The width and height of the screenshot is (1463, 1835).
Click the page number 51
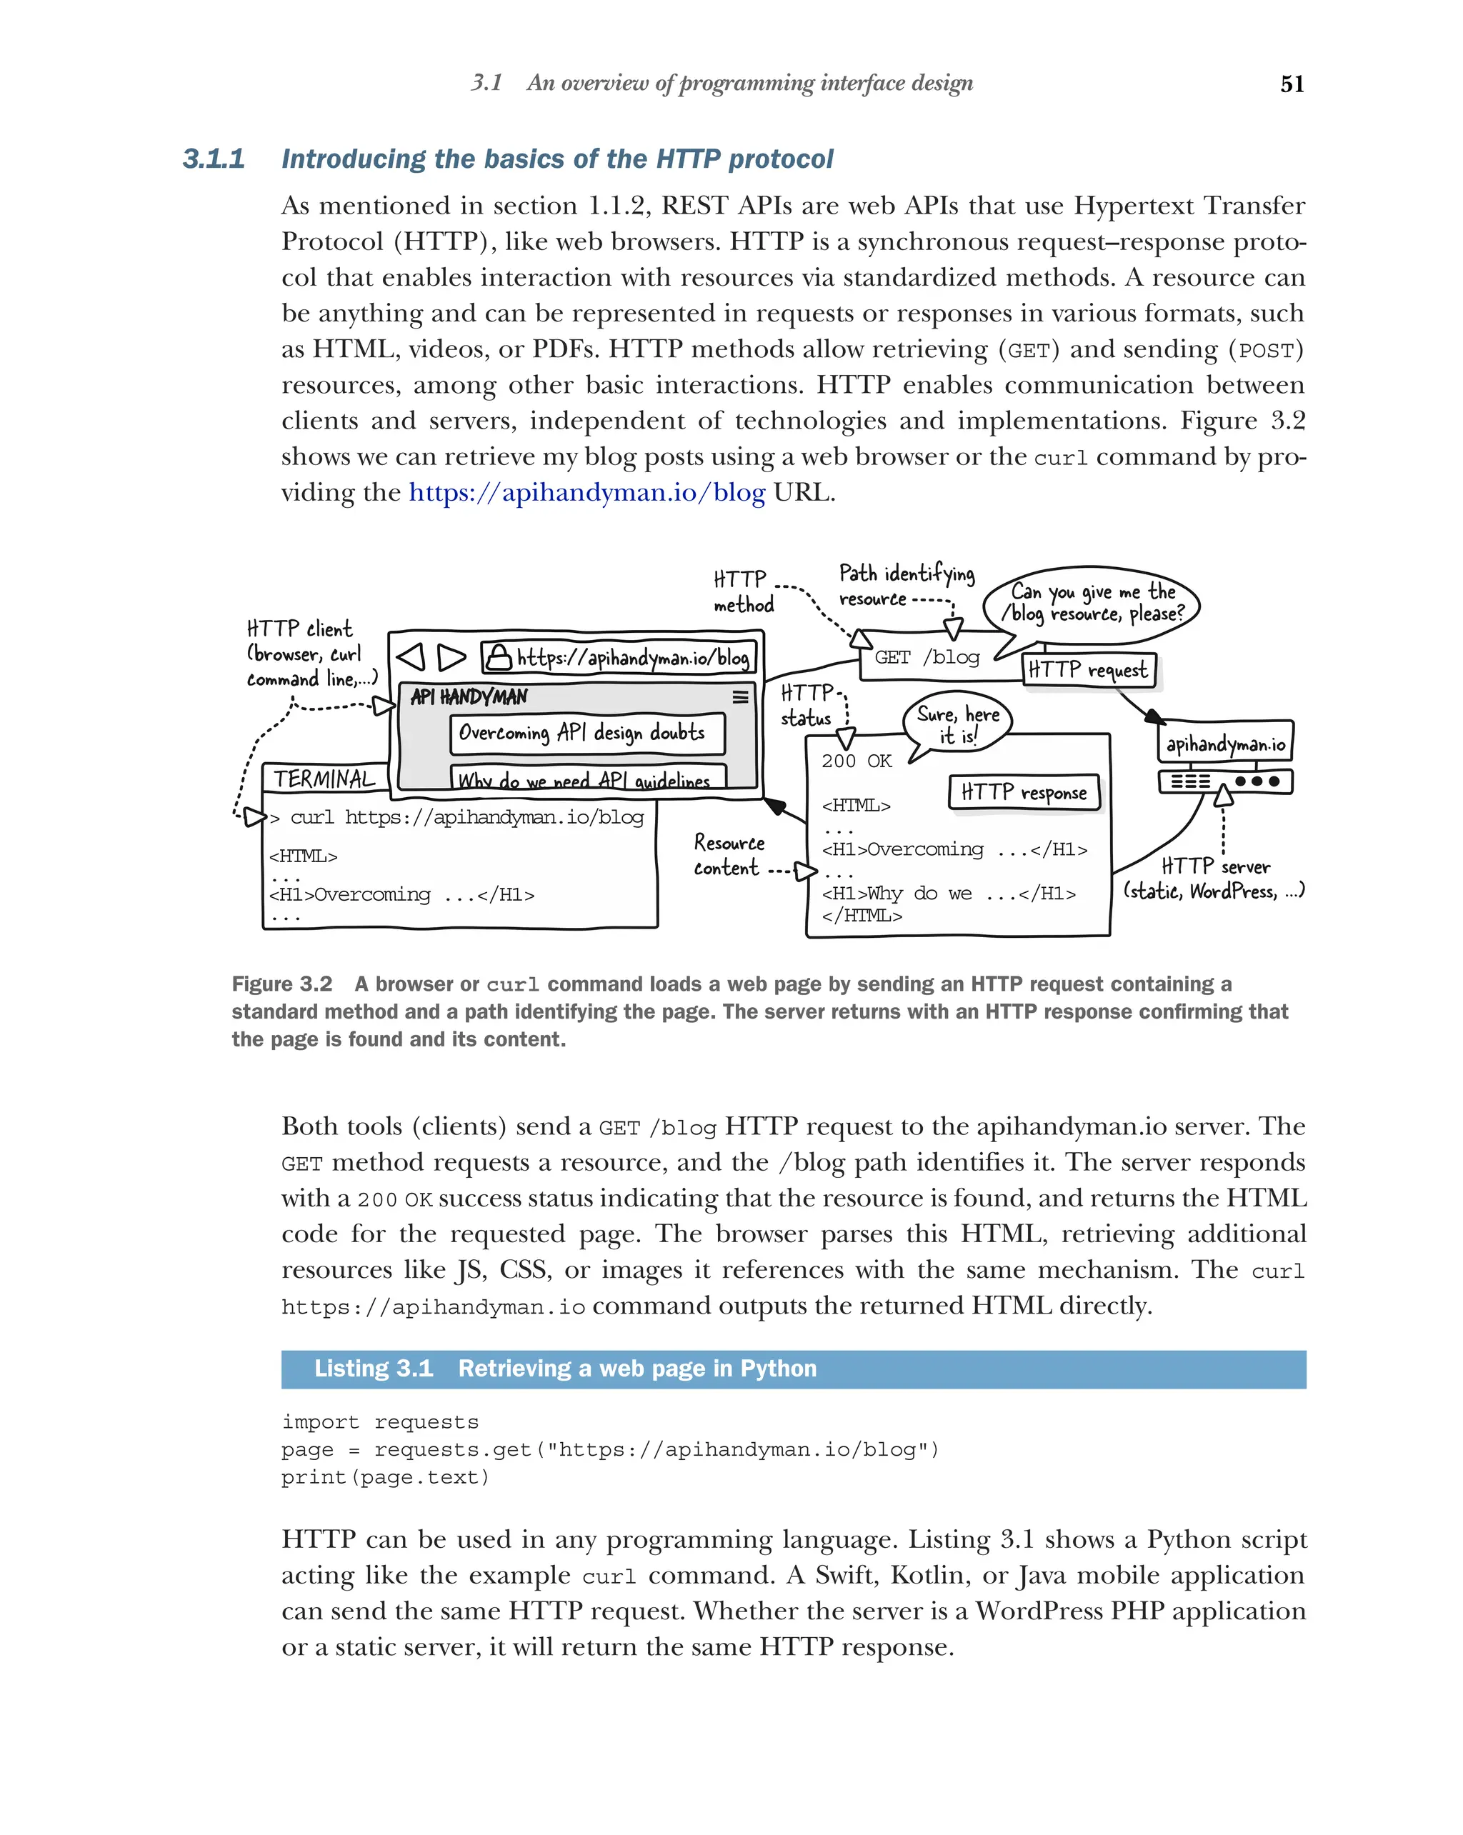[1291, 84]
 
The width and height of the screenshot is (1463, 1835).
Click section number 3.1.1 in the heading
[214, 159]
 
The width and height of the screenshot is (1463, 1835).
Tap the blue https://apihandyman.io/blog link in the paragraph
[586, 493]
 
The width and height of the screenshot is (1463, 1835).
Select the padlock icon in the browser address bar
[498, 657]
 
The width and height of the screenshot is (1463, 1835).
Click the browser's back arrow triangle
[411, 657]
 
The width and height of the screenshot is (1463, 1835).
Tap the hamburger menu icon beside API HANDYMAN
[739, 697]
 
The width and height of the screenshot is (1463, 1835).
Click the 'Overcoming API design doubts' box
[586, 733]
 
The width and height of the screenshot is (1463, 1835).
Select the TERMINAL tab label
[324, 779]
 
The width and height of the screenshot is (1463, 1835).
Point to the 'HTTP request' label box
[1088, 670]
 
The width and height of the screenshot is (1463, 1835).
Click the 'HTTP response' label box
[1024, 792]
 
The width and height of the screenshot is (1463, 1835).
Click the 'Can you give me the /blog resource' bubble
[1093, 603]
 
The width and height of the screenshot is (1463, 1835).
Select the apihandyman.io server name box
[1224, 744]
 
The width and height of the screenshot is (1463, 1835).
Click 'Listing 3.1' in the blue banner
[374, 1369]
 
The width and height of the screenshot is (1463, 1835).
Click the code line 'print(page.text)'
[386, 1478]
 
